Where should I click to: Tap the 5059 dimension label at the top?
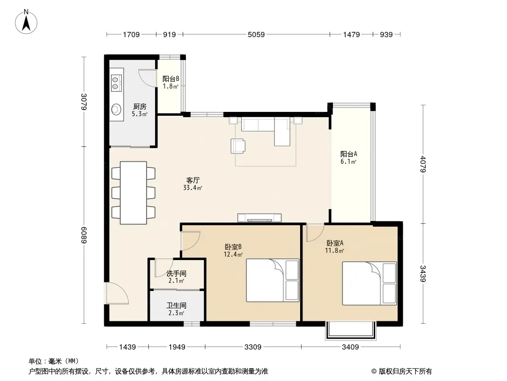(256, 35)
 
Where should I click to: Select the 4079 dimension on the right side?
(423, 164)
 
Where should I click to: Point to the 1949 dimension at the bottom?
(177, 347)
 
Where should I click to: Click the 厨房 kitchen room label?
(140, 107)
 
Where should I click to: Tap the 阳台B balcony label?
(171, 79)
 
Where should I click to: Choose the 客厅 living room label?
(193, 180)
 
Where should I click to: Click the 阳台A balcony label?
(349, 154)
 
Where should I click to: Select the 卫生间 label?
(176, 305)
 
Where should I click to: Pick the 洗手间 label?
(176, 273)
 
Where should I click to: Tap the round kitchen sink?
(116, 110)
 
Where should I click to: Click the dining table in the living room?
(133, 192)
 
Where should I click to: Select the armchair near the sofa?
(238, 146)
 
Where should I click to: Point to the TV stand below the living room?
(259, 218)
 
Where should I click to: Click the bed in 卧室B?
(273, 281)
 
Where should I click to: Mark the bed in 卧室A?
(369, 283)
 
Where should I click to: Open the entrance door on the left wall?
(116, 293)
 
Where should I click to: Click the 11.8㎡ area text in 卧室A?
(334, 251)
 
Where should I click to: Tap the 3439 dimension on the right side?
(423, 273)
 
